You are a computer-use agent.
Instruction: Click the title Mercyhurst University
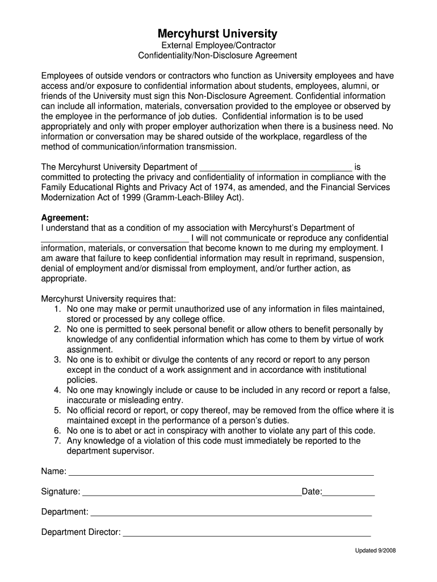pyautogui.click(x=217, y=34)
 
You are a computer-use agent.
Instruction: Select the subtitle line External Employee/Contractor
pyautogui.click(x=217, y=45)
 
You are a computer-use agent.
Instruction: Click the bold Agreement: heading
pyautogui.click(x=65, y=218)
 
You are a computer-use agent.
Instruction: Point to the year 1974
pyautogui.click(x=213, y=187)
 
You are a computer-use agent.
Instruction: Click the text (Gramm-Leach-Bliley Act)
pyautogui.click(x=194, y=197)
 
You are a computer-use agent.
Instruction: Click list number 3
pyautogui.click(x=57, y=360)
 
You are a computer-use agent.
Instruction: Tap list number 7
pyautogui.click(x=57, y=440)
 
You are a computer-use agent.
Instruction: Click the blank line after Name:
pyautogui.click(x=221, y=473)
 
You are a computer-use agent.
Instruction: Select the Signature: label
pyautogui.click(x=61, y=492)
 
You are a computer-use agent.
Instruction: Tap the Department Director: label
pyautogui.click(x=81, y=532)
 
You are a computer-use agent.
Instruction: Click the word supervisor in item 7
pyautogui.click(x=134, y=451)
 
